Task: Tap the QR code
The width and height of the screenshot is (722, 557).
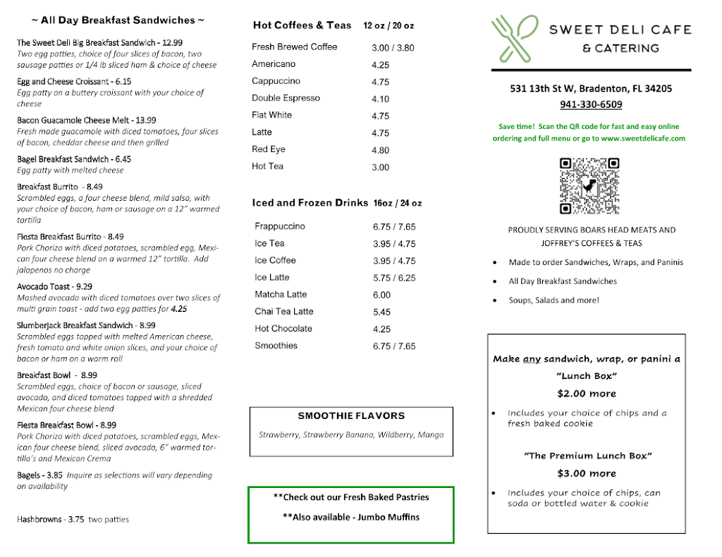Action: (589, 186)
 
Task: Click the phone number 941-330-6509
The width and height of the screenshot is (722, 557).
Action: (591, 104)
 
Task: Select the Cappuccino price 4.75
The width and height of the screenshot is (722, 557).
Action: (380, 82)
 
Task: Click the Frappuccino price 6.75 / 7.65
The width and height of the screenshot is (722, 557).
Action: (394, 227)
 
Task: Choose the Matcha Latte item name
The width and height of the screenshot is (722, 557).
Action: (281, 294)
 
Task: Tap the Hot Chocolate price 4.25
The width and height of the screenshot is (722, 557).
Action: (381, 329)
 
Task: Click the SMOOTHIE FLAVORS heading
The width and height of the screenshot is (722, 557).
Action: (351, 416)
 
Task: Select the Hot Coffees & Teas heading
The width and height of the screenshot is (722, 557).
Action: (302, 25)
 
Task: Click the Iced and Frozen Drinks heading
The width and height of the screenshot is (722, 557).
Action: (310, 203)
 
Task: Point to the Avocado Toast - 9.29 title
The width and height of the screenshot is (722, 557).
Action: (54, 287)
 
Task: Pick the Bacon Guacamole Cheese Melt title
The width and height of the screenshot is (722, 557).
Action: (86, 120)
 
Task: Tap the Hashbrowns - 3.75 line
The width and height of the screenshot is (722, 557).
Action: (73, 520)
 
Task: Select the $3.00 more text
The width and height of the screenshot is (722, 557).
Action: (586, 473)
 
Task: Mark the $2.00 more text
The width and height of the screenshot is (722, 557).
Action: (586, 394)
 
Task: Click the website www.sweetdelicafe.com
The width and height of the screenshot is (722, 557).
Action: (643, 139)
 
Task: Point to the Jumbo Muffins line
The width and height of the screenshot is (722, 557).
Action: (350, 517)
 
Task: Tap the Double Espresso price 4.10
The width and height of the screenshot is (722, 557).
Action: (380, 99)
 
